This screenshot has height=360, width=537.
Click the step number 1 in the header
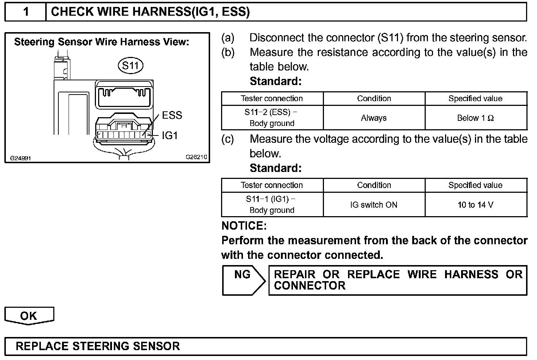(x=26, y=12)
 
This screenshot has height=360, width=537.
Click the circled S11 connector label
(x=130, y=66)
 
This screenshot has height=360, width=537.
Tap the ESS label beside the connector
(x=172, y=115)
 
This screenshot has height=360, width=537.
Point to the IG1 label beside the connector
(x=170, y=135)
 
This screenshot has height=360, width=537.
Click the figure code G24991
(x=20, y=158)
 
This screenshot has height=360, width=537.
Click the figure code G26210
(x=196, y=157)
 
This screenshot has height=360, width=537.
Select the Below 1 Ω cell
(x=475, y=118)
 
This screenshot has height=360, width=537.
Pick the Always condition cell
(x=374, y=118)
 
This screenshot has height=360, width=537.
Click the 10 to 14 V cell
(x=475, y=205)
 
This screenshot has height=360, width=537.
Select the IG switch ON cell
(x=374, y=205)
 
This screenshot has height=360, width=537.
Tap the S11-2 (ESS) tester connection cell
(x=272, y=118)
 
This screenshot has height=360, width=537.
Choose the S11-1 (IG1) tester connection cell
(x=272, y=204)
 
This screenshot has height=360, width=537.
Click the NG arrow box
(x=243, y=280)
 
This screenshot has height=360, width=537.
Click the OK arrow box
(x=29, y=315)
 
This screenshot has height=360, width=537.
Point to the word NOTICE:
(x=244, y=226)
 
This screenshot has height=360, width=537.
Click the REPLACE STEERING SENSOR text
(x=98, y=346)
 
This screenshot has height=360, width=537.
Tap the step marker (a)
(x=228, y=38)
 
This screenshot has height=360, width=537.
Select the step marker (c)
(x=228, y=139)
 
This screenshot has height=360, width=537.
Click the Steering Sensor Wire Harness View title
(x=101, y=42)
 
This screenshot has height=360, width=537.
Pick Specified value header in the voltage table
(x=475, y=185)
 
